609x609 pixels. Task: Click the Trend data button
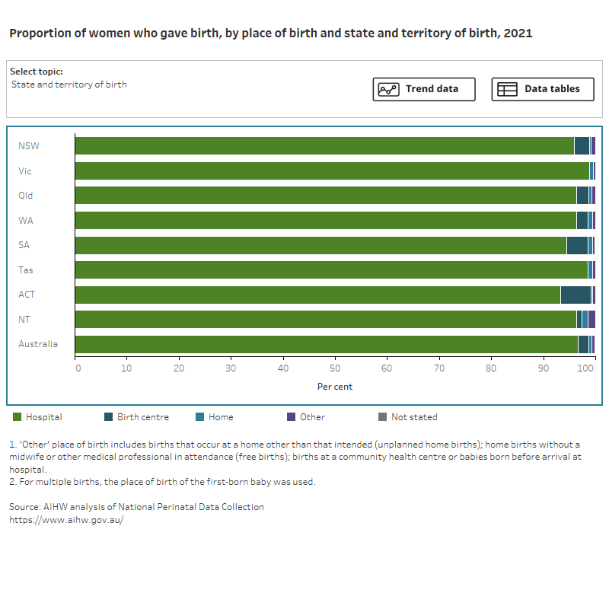point(424,89)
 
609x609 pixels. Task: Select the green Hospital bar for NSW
point(324,146)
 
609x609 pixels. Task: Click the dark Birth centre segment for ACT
point(576,295)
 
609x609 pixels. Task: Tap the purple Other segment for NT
point(591,320)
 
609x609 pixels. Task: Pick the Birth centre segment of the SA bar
point(577,245)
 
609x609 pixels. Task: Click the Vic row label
point(25,171)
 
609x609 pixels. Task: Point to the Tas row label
point(26,269)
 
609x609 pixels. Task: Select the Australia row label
point(38,344)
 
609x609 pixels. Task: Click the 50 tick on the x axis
point(335,368)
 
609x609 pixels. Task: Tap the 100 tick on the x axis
point(586,368)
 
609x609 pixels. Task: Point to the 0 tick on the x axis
point(78,368)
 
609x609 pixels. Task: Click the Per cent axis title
point(335,387)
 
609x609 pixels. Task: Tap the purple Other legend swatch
point(291,417)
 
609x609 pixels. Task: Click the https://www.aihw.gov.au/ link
point(65,520)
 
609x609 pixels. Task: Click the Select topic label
point(37,72)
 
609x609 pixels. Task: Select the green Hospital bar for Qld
point(325,196)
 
